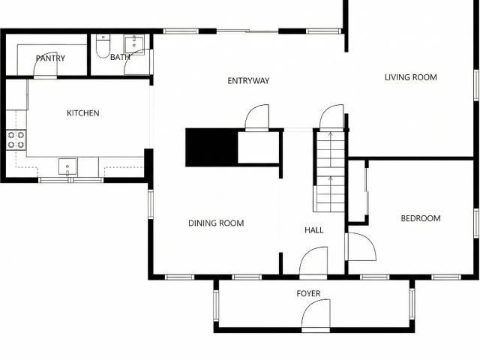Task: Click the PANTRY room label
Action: [x=50, y=58]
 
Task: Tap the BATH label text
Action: [x=120, y=57]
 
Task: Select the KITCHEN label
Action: [x=83, y=113]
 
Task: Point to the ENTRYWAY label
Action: [x=248, y=81]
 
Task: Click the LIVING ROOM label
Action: [x=411, y=77]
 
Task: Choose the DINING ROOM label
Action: [x=216, y=223]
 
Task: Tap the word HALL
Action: [x=314, y=230]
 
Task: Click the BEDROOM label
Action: [x=421, y=218]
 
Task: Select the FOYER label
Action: [x=308, y=293]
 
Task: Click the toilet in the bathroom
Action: [x=103, y=46]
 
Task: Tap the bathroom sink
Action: [x=134, y=45]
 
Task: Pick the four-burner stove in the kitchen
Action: [x=16, y=140]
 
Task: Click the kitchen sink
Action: [x=67, y=166]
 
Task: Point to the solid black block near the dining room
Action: [x=211, y=148]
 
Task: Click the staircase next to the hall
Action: [x=330, y=172]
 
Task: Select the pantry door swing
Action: [x=45, y=65]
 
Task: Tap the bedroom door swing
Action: [x=361, y=247]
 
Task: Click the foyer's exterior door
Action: [x=316, y=315]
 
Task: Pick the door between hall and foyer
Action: [x=313, y=262]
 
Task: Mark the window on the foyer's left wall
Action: [x=216, y=305]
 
